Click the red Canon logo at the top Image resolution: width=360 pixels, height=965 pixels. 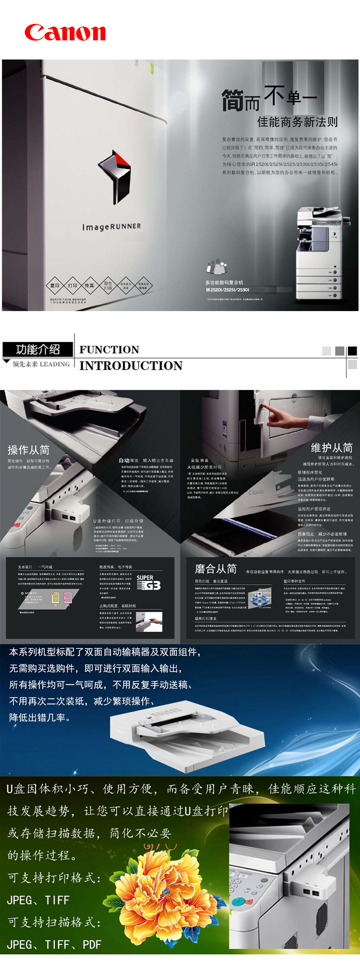pyautogui.click(x=65, y=33)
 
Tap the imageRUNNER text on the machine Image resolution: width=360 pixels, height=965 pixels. pyautogui.click(x=112, y=226)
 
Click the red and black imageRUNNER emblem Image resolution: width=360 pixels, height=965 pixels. pyautogui.click(x=115, y=175)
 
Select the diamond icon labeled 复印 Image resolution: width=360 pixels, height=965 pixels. pyautogui.click(x=55, y=286)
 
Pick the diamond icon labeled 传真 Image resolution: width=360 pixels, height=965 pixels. pyautogui.click(x=89, y=286)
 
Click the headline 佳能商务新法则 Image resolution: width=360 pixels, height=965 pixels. pyautogui.click(x=297, y=122)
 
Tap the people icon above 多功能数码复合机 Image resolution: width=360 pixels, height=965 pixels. pyautogui.click(x=216, y=266)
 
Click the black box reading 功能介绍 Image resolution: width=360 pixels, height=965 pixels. pyautogui.click(x=37, y=349)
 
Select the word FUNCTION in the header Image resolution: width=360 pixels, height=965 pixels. pyautogui.click(x=109, y=350)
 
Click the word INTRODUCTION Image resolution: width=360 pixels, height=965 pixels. pyautogui.click(x=131, y=366)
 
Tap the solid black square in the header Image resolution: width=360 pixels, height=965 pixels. pyautogui.click(x=352, y=351)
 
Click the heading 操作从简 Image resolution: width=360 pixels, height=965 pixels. pyautogui.click(x=28, y=450)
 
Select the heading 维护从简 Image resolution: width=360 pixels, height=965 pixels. pyautogui.click(x=332, y=448)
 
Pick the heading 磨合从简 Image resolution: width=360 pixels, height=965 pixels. pyautogui.click(x=215, y=569)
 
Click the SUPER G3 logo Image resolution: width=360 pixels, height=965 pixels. pyautogui.click(x=148, y=582)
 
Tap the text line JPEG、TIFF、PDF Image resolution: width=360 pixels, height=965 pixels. pyautogui.click(x=54, y=944)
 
